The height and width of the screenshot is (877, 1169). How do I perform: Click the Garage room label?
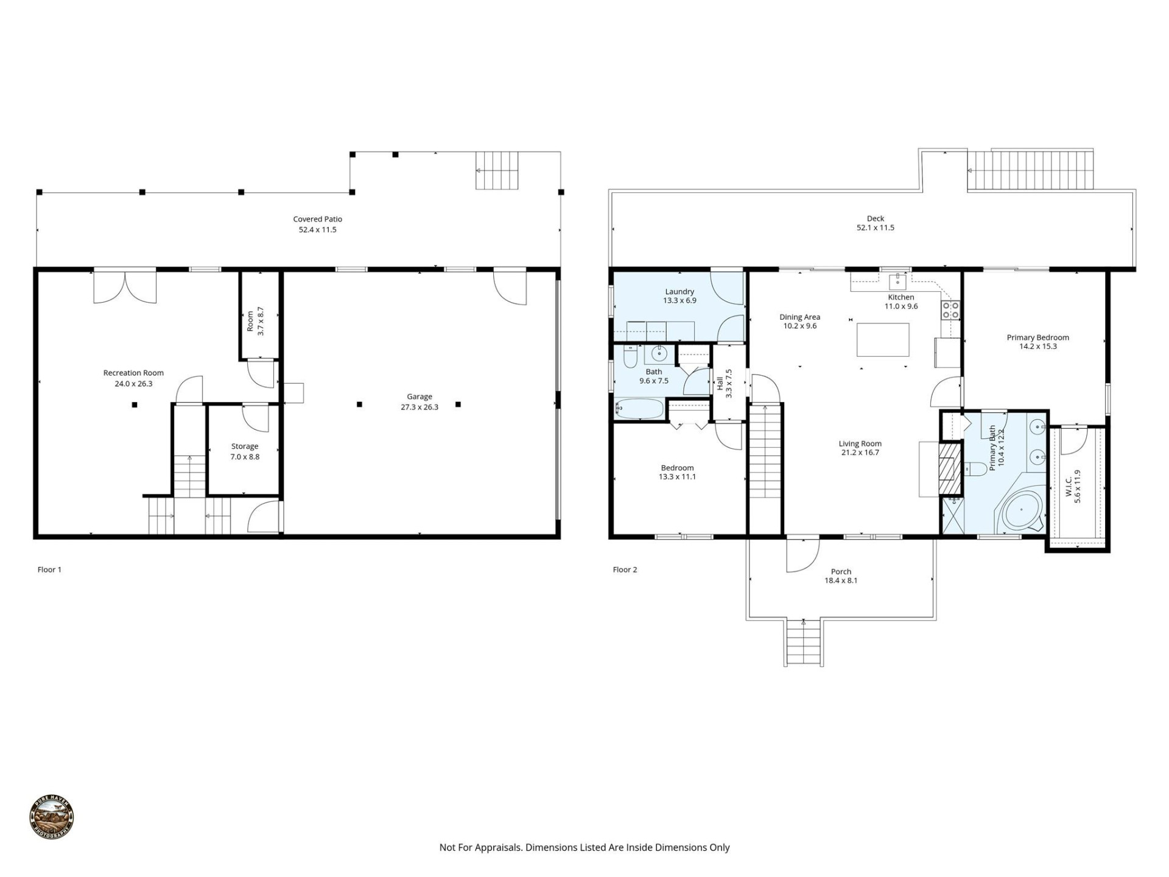point(420,397)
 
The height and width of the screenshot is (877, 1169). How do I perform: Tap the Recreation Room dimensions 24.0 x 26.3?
point(133,384)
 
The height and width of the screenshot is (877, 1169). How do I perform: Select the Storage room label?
point(245,446)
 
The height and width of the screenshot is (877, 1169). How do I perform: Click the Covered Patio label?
point(317,219)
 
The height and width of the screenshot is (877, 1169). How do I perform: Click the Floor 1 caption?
point(49,569)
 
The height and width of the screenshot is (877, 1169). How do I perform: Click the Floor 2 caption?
point(625,569)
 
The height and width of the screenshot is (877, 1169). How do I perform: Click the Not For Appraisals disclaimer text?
point(584,847)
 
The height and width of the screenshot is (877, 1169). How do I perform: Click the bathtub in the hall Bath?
point(639,409)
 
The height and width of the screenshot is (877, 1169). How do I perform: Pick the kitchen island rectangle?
point(883,340)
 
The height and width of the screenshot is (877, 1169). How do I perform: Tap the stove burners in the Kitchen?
point(950,310)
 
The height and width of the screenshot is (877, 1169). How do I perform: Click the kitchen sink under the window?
point(897,281)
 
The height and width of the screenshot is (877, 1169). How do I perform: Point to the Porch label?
point(841,571)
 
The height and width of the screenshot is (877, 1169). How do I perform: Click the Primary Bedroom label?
point(1037,337)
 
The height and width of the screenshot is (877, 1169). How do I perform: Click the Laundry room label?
point(679,292)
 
